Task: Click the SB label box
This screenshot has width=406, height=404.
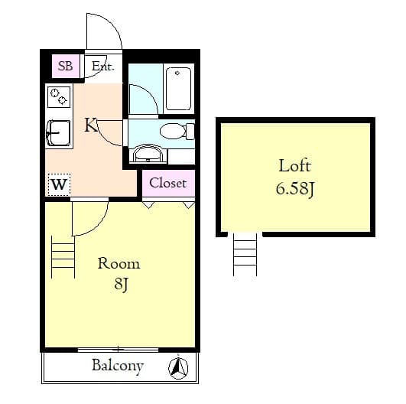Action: (65, 67)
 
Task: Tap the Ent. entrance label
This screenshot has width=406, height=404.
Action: (102, 67)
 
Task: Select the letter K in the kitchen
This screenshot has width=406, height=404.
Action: (91, 125)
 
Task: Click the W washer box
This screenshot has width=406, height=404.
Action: (59, 184)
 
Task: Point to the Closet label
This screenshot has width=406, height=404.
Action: (167, 183)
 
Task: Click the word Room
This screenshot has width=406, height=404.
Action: (119, 264)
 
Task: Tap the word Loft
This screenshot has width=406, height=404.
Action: (294, 165)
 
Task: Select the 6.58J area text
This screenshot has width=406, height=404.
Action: (295, 188)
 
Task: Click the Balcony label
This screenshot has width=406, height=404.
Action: (117, 366)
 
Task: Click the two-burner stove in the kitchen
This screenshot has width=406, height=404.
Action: (59, 96)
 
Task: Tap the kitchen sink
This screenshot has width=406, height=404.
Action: (59, 135)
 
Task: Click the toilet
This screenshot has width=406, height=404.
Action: (175, 131)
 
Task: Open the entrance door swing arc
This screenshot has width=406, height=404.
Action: (102, 32)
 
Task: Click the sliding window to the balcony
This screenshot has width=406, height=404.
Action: (119, 350)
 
